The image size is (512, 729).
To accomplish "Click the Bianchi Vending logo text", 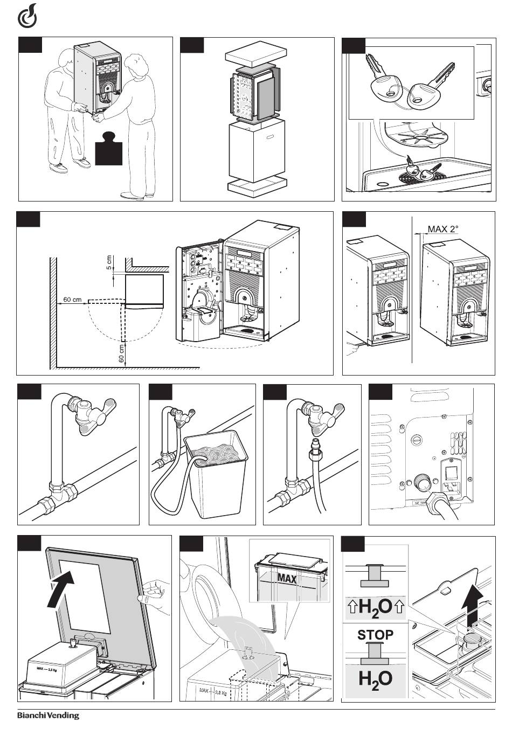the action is (x=48, y=716).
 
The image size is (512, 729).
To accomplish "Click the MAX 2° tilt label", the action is (x=442, y=229).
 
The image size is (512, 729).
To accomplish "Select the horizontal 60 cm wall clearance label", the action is (x=72, y=299).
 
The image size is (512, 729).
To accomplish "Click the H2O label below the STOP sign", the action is (x=376, y=679).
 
